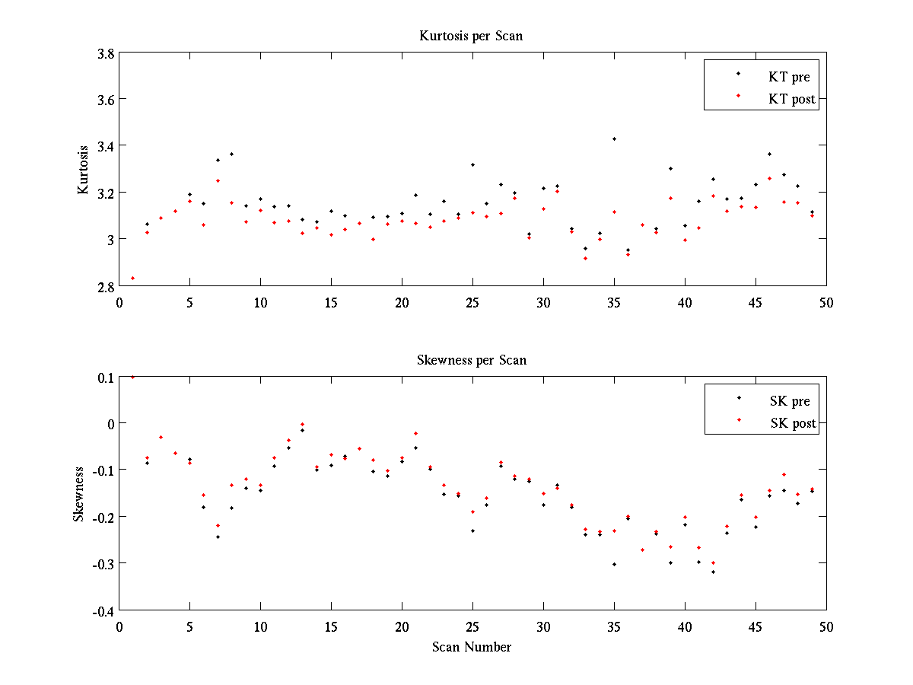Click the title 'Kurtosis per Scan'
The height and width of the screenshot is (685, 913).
[x=471, y=36]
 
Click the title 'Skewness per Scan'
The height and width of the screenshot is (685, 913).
[x=471, y=360]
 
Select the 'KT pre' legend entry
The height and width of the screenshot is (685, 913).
[x=792, y=76]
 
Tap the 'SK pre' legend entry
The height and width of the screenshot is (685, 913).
[x=791, y=401]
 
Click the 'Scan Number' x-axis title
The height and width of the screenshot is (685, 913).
[x=472, y=647]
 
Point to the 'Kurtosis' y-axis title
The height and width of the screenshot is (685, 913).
[x=84, y=169]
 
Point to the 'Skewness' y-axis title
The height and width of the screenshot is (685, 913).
[x=79, y=493]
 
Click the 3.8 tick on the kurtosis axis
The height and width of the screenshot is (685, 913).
[x=106, y=53]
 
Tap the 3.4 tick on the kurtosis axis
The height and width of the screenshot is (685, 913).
[x=106, y=146]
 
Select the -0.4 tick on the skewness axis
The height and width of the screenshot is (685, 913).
[x=103, y=610]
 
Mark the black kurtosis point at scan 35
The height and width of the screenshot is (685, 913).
[x=614, y=139]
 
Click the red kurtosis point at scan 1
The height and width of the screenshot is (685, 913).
[x=132, y=278]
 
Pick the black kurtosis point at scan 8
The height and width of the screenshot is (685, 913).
[x=231, y=154]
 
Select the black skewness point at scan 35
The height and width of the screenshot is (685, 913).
[x=614, y=564]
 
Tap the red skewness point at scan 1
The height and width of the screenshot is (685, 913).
[x=132, y=377]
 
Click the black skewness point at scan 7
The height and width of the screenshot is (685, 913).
[x=218, y=537]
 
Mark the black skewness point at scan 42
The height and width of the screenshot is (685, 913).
[x=713, y=572]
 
